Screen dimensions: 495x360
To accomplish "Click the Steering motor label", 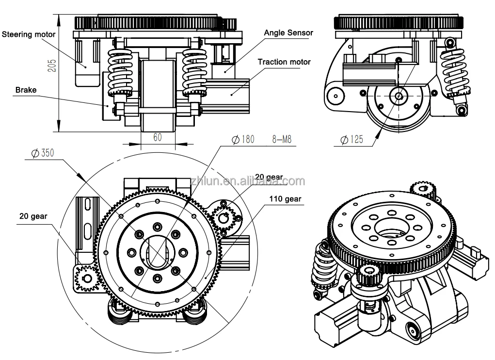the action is [29, 34].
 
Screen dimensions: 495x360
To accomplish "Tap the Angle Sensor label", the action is [288, 33].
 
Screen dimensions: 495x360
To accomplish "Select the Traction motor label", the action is [284, 62].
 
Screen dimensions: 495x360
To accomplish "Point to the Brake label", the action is [26, 90].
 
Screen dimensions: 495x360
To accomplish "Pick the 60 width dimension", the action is [158, 137].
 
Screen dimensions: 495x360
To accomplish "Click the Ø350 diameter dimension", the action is [43, 153].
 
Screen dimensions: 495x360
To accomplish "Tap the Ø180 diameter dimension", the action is [243, 139].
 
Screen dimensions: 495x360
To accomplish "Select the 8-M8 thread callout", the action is [282, 139].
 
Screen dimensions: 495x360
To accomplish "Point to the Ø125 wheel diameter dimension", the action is [351, 139].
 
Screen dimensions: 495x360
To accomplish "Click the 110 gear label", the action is [285, 199].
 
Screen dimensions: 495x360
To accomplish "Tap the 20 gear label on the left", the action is [33, 216].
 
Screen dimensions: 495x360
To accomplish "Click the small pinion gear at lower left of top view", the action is [87, 278].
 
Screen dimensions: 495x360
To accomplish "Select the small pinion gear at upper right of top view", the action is [224, 216].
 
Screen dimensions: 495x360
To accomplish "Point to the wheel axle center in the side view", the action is [399, 96].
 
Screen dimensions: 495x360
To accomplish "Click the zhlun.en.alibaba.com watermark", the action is [248, 181].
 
